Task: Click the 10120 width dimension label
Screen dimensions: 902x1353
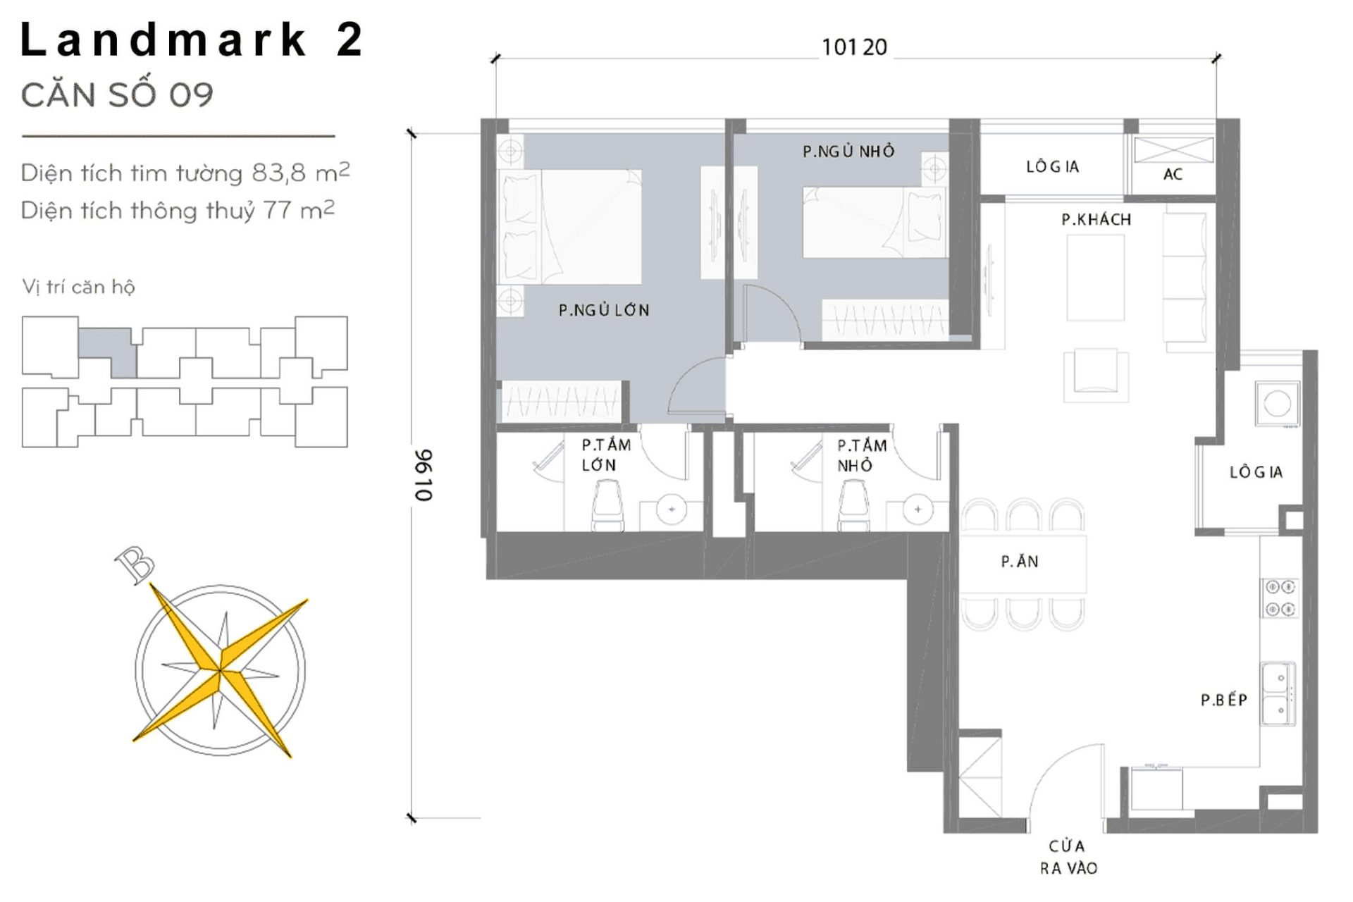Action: [854, 47]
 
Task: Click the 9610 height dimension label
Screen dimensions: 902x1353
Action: [423, 475]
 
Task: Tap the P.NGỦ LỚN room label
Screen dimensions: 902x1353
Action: [604, 310]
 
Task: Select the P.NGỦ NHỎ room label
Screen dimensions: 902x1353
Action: [848, 152]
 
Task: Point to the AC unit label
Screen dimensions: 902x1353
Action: [1173, 175]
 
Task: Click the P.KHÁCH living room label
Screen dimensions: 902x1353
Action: [1096, 220]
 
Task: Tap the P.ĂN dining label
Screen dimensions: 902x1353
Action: [1019, 562]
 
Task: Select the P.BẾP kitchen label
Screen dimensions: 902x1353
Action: [1224, 700]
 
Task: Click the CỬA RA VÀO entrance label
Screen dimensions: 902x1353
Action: [1068, 857]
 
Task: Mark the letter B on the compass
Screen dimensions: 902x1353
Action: [135, 564]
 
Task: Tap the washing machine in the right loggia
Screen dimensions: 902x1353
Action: [1277, 404]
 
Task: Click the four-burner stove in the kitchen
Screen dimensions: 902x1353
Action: [1280, 598]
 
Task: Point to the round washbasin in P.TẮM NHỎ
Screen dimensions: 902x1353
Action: [918, 509]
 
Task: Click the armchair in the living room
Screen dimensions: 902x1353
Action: [1095, 373]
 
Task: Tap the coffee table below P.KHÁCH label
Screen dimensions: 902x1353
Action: [1095, 278]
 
